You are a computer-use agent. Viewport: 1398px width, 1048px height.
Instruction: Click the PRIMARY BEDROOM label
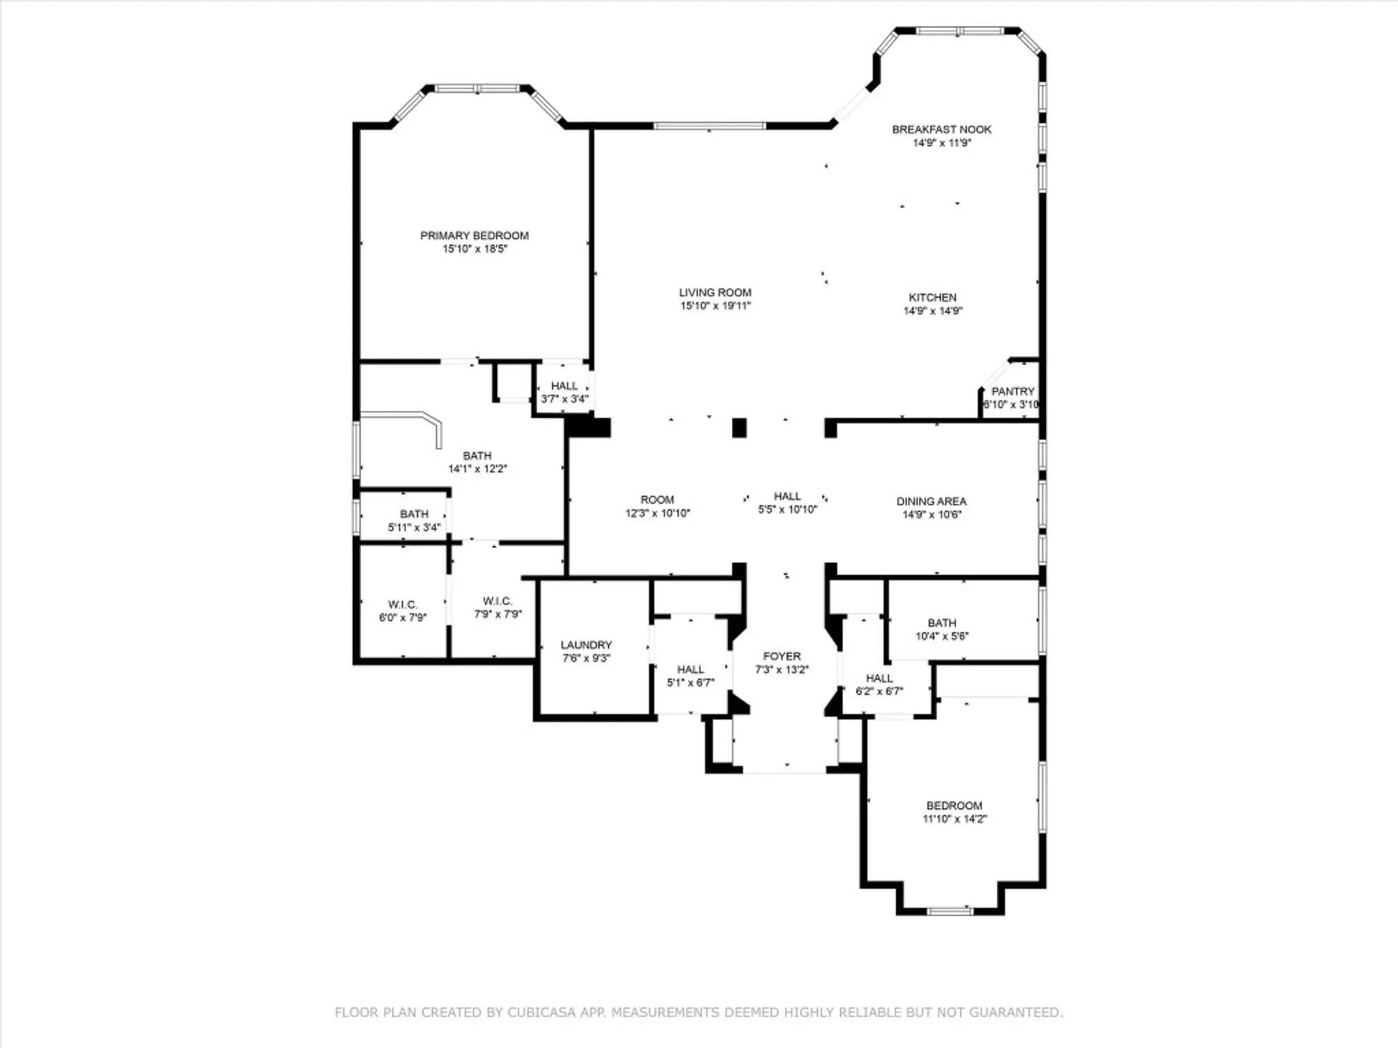coord(474,235)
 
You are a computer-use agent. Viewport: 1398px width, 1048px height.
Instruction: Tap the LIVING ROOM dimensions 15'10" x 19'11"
coord(715,306)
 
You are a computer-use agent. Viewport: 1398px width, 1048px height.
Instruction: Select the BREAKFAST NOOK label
coord(942,129)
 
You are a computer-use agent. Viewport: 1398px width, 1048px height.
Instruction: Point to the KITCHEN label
coord(932,298)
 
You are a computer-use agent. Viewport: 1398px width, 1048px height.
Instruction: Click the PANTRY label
coord(1012,391)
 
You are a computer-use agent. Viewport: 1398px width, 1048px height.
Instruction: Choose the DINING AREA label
coord(931,501)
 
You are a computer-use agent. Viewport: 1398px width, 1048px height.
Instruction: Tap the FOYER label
coord(781,656)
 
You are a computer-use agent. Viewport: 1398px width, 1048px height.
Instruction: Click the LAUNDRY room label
coord(586,645)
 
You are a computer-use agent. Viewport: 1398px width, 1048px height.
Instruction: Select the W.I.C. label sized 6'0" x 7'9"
coord(403,604)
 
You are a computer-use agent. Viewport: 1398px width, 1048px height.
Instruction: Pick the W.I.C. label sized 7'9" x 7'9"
coord(498,601)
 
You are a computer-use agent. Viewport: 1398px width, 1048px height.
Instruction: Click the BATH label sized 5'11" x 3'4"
coord(414,514)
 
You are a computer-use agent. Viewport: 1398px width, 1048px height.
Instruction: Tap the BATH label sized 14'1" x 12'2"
coord(477,456)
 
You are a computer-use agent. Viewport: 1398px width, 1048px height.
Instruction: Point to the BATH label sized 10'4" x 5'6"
coord(942,623)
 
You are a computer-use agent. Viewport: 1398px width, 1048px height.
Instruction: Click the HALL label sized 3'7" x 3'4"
coord(564,386)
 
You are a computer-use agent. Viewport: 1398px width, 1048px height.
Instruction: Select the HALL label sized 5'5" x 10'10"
coord(787,496)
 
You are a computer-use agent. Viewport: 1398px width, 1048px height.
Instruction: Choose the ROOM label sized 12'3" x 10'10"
coord(657,500)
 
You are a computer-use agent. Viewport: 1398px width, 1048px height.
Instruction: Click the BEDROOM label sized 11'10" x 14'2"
coord(954,806)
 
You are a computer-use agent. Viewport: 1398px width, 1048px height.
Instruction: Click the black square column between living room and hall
coord(739,428)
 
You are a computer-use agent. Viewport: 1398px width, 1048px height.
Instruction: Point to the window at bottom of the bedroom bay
coord(949,911)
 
